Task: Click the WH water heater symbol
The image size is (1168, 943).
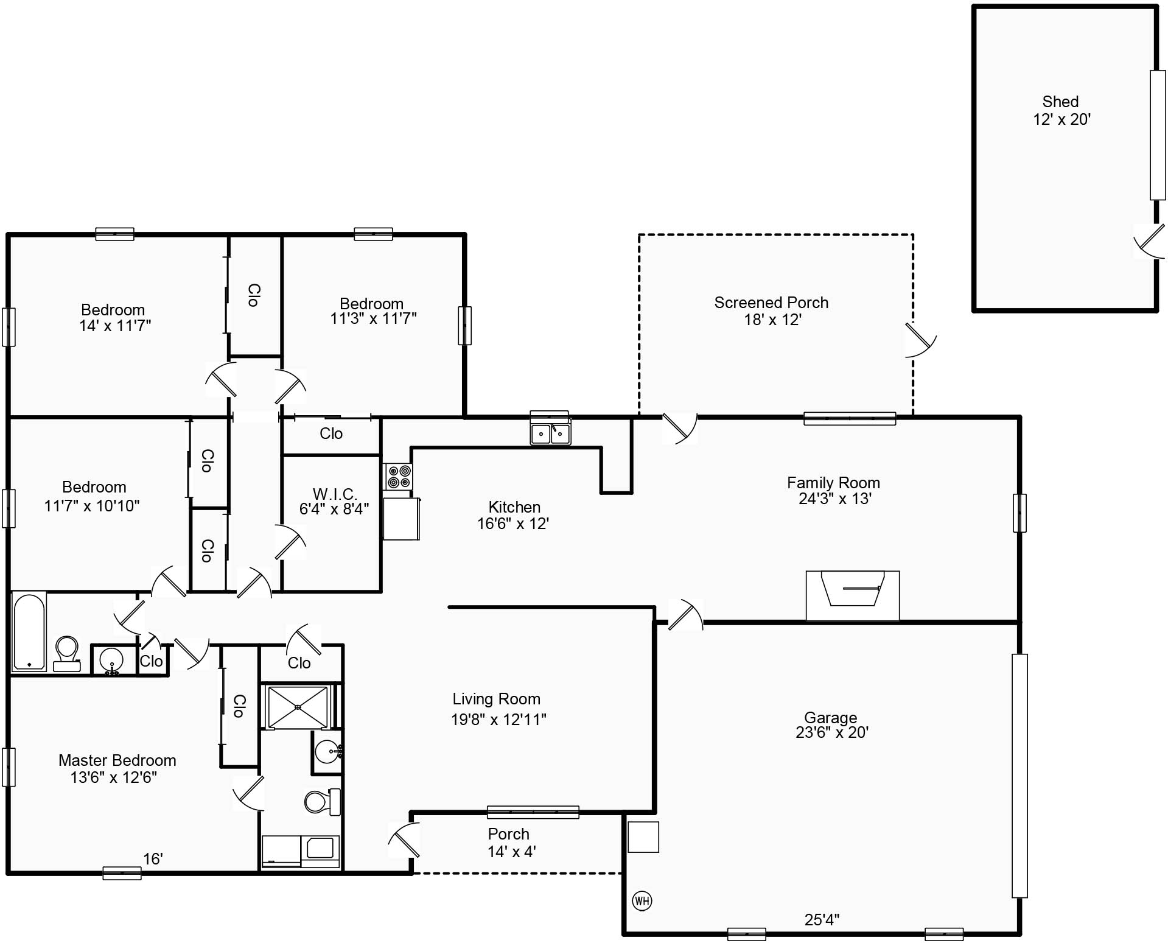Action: (642, 900)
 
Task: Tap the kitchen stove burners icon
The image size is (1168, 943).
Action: (399, 476)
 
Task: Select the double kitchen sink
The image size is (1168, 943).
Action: (550, 433)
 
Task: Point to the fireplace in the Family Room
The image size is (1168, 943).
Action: (853, 595)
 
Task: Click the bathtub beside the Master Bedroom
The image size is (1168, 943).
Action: (29, 631)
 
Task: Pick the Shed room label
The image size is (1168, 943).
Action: (1060, 102)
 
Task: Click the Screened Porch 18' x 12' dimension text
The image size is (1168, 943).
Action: (772, 320)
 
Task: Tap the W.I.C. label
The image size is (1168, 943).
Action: (334, 493)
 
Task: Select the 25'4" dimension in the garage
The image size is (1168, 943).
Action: (822, 919)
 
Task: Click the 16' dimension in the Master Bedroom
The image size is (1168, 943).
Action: (153, 858)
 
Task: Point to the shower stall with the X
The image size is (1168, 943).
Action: (298, 707)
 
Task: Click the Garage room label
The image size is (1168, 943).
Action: (830, 718)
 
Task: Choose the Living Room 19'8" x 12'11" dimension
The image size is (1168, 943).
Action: (498, 720)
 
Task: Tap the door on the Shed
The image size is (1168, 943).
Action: (1149, 240)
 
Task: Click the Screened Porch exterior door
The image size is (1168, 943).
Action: (920, 340)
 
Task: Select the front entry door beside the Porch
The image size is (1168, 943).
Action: (404, 840)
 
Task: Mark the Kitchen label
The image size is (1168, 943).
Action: (514, 507)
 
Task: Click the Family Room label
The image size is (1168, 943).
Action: (833, 483)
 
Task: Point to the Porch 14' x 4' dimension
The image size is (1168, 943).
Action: (512, 851)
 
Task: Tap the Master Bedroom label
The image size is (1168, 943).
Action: (117, 760)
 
